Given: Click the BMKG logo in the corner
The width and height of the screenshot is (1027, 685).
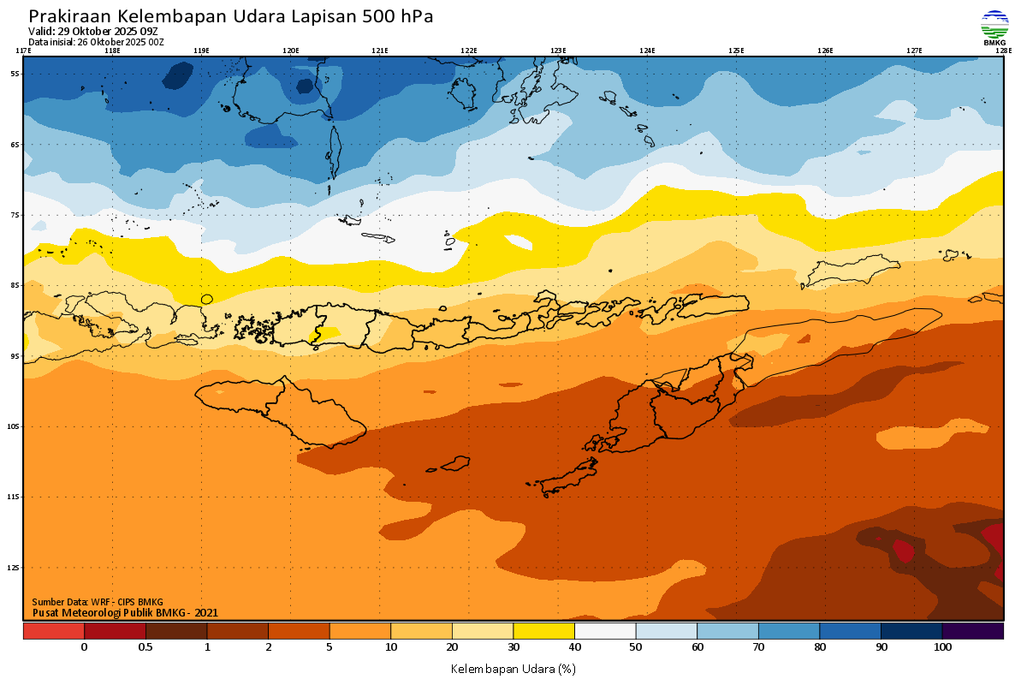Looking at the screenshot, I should (994, 27).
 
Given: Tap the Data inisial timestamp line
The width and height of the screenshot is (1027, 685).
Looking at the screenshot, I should (96, 41).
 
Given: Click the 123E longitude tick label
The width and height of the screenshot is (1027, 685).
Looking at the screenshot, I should (558, 51).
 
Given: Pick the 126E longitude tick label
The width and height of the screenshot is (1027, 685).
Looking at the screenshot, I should (825, 51).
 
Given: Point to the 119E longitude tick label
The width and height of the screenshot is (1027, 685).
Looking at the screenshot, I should (201, 51).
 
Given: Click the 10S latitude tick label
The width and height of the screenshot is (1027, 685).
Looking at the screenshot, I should (15, 426).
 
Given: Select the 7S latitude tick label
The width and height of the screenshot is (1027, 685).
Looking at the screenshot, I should (15, 215).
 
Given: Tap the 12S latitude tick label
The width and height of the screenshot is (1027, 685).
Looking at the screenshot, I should (15, 568).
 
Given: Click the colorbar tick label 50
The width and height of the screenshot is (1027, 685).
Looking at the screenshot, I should (636, 647).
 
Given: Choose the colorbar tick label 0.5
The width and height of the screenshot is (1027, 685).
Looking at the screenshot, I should (145, 647).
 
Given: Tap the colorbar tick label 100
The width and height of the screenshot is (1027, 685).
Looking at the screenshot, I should (942, 647).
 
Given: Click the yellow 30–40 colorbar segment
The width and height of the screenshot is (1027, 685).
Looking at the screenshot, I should (543, 631).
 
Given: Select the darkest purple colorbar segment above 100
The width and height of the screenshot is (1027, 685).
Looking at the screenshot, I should (973, 631).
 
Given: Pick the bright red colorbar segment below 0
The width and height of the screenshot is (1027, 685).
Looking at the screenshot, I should (53, 631).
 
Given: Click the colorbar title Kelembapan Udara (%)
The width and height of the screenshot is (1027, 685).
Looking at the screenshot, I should (513, 668).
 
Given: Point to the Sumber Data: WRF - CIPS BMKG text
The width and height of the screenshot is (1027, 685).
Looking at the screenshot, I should (98, 602).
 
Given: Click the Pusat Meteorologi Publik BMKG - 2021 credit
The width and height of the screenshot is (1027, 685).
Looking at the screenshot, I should (125, 612).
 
